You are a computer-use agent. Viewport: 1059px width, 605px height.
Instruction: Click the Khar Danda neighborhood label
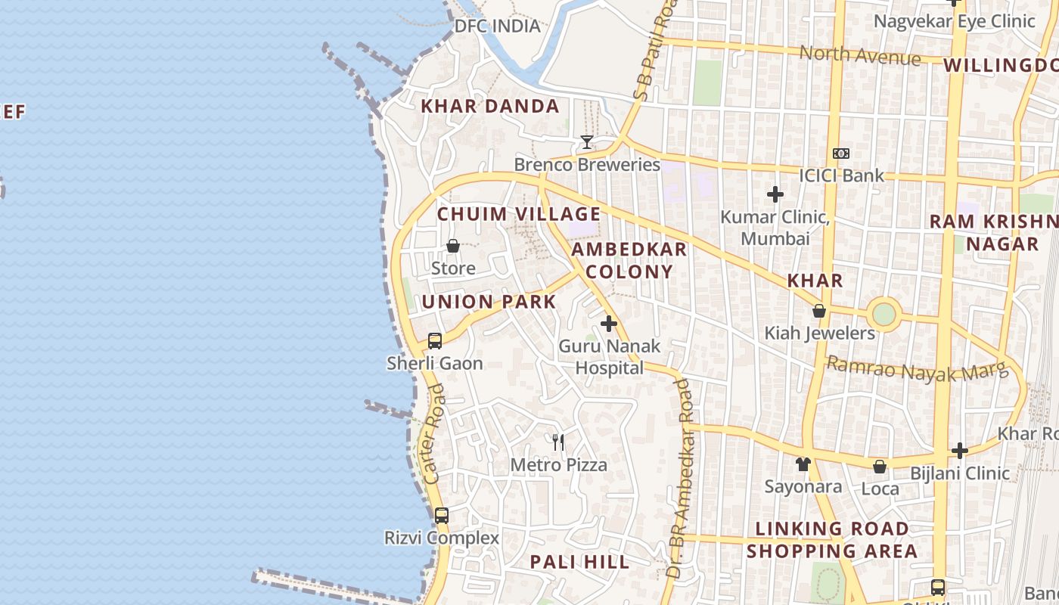point(490,107)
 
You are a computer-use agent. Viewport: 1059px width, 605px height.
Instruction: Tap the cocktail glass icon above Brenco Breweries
point(586,142)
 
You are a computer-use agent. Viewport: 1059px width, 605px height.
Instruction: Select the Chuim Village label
point(519,214)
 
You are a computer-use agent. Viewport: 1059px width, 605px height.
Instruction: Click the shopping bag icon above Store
point(453,246)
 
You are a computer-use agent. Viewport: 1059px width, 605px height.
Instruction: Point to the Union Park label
point(489,302)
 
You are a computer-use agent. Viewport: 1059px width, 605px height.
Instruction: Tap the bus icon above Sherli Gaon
point(435,341)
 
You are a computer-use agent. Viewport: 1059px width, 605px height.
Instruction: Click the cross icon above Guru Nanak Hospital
point(609,324)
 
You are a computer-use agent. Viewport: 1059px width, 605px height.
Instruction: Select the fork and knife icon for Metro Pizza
point(558,442)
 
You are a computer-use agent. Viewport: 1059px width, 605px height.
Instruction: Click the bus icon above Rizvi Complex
point(442,516)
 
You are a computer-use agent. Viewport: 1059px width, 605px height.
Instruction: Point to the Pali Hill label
point(579,562)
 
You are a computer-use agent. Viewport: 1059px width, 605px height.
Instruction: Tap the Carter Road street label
point(433,434)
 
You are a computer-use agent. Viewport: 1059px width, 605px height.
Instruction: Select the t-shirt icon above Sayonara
point(803,464)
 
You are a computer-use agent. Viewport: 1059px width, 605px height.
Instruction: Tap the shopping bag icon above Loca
point(880,467)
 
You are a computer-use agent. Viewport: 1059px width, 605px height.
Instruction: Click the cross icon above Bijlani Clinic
point(960,451)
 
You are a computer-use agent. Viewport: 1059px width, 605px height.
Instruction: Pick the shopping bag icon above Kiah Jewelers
point(819,311)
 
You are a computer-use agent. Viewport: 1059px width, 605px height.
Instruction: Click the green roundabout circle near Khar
point(884,314)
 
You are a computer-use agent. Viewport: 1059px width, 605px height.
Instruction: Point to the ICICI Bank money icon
point(841,154)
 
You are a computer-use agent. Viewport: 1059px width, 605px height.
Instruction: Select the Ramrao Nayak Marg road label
point(917,370)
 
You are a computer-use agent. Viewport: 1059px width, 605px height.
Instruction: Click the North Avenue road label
point(860,55)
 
